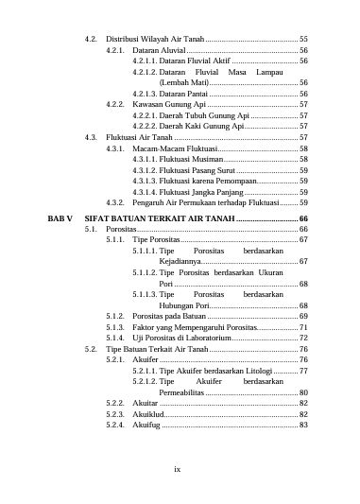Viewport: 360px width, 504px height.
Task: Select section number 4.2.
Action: tap(92, 37)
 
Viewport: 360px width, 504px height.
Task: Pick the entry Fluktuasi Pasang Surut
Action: tap(201, 170)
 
